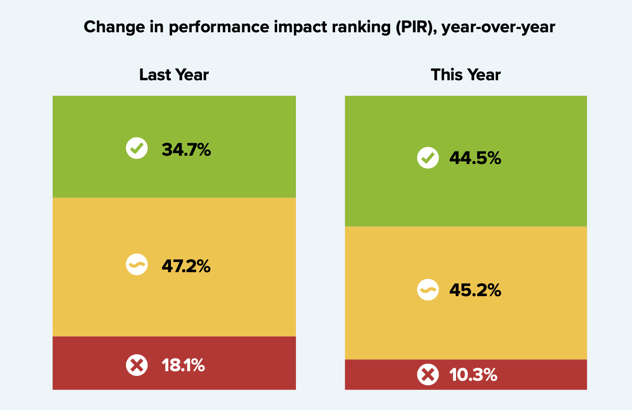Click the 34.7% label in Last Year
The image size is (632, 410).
186,150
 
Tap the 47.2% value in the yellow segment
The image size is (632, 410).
186,266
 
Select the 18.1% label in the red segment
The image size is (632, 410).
183,365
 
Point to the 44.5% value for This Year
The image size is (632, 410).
475,158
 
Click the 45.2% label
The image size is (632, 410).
475,290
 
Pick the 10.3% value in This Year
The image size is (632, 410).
473,375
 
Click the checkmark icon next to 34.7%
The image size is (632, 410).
137,148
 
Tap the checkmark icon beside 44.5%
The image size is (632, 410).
428,157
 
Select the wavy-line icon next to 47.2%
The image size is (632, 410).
137,264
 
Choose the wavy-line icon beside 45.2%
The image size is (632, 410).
428,290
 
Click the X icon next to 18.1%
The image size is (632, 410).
137,365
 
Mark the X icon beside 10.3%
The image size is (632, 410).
428,374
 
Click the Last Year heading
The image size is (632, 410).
174,75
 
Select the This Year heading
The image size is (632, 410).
466,75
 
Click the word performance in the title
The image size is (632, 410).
219,27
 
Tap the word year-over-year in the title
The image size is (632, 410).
498,27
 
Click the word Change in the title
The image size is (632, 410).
108,27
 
